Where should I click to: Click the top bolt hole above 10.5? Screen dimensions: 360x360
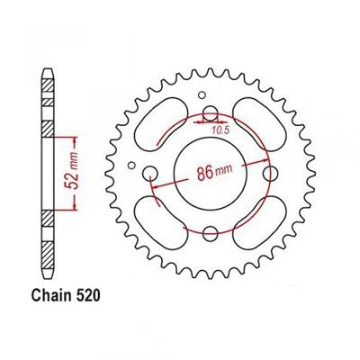pyautogui.click(x=210, y=115)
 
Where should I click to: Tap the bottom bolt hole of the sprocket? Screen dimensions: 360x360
pyautogui.click(x=210, y=234)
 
